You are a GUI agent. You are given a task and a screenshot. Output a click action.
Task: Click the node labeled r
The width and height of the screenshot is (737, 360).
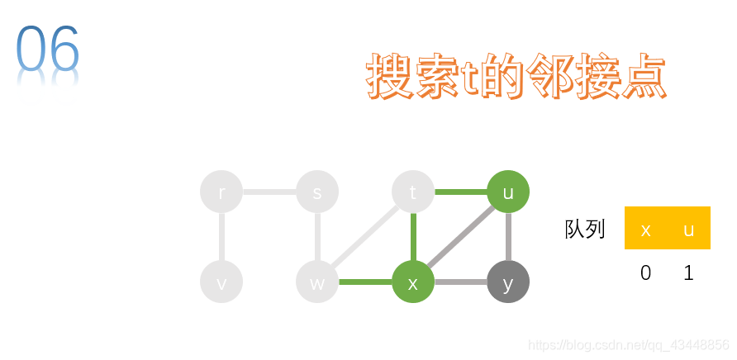[x=221, y=192]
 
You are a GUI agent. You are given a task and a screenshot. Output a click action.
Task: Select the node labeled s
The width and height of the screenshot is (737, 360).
[x=317, y=192]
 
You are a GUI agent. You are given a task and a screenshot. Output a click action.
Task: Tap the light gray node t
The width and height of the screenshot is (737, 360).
[x=413, y=192]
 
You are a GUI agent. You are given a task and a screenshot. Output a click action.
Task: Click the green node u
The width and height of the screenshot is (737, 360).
[x=508, y=192]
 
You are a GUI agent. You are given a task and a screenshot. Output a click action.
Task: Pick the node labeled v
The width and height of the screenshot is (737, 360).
[x=221, y=282]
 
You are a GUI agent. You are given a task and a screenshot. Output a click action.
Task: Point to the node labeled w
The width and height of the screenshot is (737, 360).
[x=317, y=282]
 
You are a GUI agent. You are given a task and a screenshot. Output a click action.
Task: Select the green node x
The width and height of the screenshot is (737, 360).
[x=413, y=282]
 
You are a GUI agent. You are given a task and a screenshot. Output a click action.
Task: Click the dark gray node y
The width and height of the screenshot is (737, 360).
[x=508, y=282]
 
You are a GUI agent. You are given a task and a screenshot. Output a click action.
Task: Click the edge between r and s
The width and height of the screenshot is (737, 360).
[x=269, y=192]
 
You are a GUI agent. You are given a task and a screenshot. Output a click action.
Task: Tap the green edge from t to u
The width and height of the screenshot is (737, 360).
[x=460, y=192]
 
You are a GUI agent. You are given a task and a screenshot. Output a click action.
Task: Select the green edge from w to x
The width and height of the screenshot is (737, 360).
[x=365, y=282]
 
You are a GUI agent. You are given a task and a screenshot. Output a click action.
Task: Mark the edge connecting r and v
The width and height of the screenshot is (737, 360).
[x=221, y=238]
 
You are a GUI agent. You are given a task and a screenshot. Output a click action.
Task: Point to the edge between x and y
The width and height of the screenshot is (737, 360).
[x=460, y=282]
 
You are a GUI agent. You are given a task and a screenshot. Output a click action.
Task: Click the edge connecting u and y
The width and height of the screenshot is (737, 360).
[x=508, y=238]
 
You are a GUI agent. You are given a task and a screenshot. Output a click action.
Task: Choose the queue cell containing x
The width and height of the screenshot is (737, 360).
[x=646, y=229]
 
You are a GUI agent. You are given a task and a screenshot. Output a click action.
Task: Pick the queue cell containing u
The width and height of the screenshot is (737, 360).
[x=689, y=229]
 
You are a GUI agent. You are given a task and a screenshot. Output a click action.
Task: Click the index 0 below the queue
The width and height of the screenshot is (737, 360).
[x=646, y=272]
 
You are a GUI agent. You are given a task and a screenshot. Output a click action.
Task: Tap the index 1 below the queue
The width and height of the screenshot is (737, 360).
[x=689, y=272]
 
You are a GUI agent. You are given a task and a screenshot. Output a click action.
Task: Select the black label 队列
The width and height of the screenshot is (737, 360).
[x=585, y=229]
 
